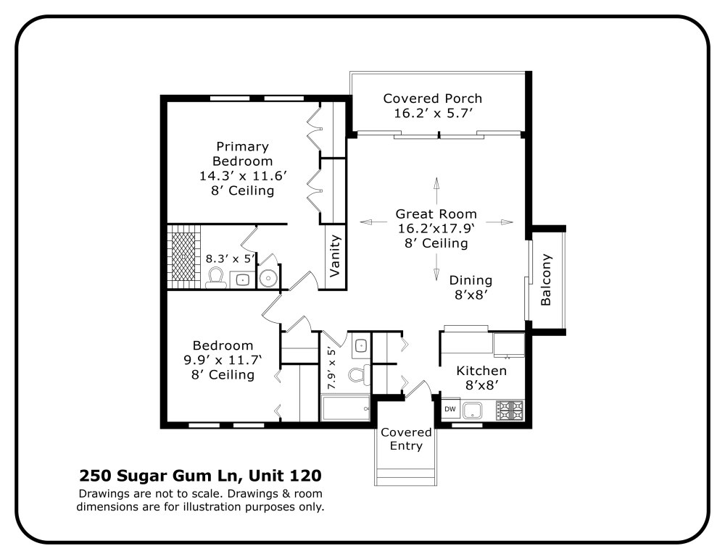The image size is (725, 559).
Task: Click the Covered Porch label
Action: pos(432,98)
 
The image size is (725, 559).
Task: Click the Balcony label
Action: pos(547,279)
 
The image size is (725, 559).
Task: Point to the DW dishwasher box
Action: pos(450,409)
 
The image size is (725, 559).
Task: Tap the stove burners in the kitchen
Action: pos(510,410)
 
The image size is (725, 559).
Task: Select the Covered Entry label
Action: pos(406,439)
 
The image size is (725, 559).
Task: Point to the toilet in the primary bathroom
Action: pos(215,277)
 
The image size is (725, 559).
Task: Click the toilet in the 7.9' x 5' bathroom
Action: pos(358,374)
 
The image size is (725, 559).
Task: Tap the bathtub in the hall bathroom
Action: pos(345,409)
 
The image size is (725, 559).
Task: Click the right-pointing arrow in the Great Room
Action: pos(505,222)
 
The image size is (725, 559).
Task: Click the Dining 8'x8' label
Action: pos(471,287)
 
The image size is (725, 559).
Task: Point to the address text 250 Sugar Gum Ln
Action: pos(159,476)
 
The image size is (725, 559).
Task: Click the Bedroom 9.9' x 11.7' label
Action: pos(223,360)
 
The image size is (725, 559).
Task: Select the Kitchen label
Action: pos(481,371)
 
